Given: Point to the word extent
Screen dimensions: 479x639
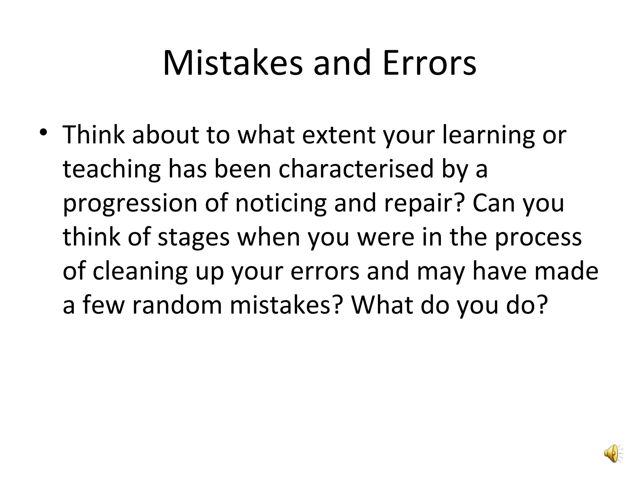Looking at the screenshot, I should [339, 135].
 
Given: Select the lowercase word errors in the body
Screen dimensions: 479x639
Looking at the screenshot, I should [325, 271].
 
